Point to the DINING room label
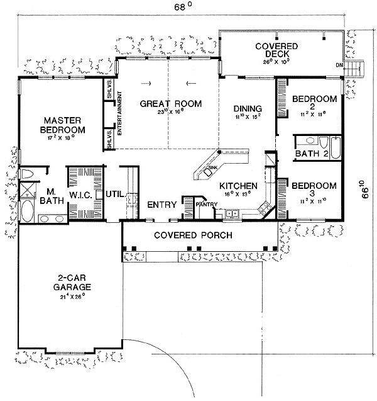tap(246, 108)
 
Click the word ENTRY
tap(160, 205)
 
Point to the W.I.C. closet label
tap(80, 195)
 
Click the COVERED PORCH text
tap(194, 235)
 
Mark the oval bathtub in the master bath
tap(28, 211)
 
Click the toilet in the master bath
tap(28, 172)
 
